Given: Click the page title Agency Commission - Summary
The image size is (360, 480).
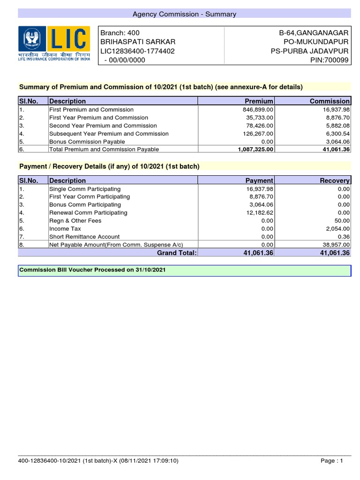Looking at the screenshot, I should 184,14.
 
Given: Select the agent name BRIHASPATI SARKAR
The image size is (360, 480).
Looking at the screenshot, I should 131,41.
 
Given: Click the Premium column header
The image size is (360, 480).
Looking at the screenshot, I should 259,101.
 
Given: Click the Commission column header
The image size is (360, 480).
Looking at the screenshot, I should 330,101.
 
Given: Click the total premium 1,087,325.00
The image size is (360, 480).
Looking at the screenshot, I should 252,150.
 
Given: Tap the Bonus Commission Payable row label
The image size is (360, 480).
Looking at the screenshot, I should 87,142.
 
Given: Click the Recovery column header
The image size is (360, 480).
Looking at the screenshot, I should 335,180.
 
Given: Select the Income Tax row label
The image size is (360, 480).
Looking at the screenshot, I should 65,229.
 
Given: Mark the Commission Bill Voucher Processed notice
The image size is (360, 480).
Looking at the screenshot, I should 92,270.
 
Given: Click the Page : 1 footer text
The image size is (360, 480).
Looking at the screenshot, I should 332,461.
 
